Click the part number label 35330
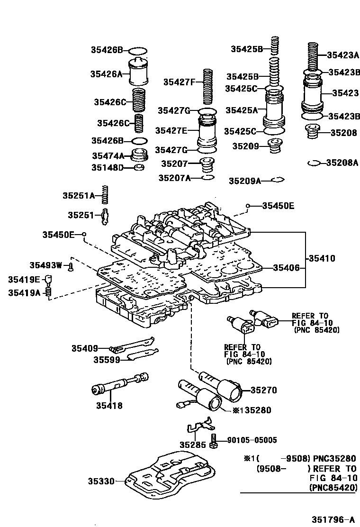[101, 481]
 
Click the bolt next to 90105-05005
[214, 441]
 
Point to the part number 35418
[109, 405]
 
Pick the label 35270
[263, 391]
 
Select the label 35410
[322, 258]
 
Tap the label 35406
[286, 268]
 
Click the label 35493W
[45, 265]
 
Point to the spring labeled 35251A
[107, 195]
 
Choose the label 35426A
[107, 73]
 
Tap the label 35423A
[342, 55]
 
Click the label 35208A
[342, 163]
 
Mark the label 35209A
[245, 181]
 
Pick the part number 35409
[85, 348]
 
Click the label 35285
[192, 445]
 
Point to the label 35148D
[108, 167]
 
